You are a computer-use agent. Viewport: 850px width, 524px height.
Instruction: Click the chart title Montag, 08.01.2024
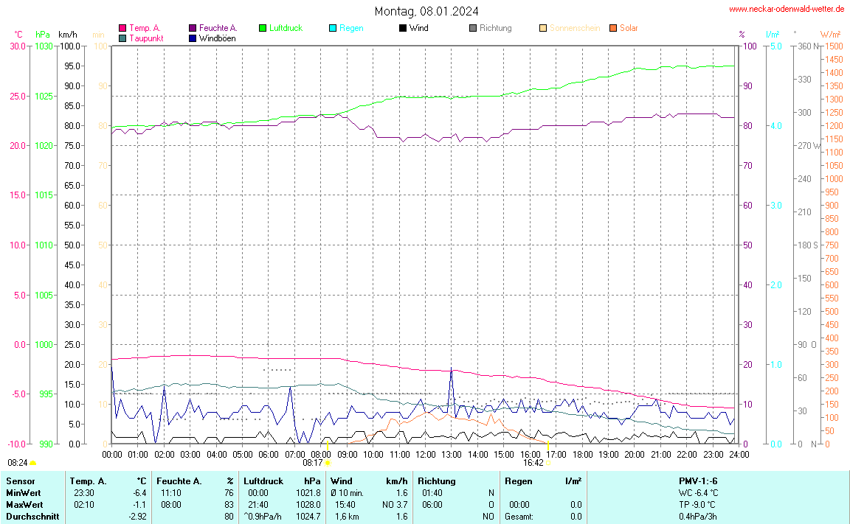[426, 11]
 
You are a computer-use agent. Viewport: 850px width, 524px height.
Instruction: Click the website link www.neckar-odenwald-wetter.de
[787, 9]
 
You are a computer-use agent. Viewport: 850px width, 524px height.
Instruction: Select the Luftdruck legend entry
[286, 28]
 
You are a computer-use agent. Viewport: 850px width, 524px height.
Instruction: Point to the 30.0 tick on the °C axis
[17, 46]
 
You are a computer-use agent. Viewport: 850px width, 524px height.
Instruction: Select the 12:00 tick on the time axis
[426, 455]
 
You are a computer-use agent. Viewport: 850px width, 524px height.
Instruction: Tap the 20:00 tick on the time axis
[635, 455]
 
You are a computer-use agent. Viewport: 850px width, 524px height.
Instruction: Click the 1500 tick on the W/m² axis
[833, 46]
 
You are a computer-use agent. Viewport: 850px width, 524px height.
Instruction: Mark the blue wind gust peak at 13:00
[452, 369]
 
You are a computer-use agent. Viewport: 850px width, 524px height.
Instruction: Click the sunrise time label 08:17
[313, 463]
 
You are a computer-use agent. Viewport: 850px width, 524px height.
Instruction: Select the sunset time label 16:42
[533, 463]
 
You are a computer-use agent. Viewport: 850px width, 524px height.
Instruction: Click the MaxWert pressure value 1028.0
[308, 505]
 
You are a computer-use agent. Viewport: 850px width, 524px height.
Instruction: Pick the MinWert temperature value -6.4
[139, 493]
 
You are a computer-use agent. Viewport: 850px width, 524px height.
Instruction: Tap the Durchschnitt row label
[32, 517]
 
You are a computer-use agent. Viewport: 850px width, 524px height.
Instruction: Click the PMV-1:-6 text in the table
[698, 481]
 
